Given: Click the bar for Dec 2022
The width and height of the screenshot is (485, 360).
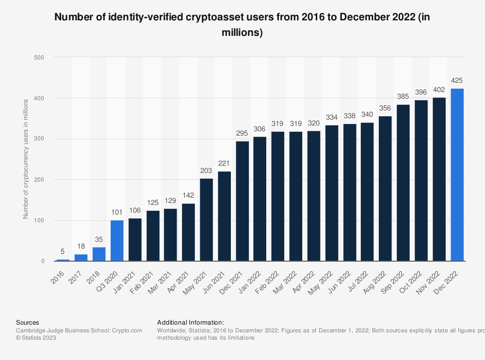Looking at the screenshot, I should pos(457,175).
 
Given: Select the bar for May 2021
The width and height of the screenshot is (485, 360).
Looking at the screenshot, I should pos(206,220).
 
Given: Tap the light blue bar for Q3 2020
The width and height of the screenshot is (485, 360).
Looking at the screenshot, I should pos(117,241).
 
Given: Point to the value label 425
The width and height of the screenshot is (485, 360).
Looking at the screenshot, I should pos(457,80).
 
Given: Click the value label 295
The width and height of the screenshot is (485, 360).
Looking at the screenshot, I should pos(242,133).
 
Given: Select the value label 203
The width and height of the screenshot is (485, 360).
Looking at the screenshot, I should pos(206,170).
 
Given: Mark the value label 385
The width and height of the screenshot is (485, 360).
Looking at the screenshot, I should pos(404,96).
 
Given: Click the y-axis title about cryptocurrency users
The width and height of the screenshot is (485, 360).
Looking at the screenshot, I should pos(26,157).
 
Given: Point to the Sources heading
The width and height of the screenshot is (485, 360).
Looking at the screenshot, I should pos(28,322).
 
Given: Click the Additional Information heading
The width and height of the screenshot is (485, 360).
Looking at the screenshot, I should pos(190,322).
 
